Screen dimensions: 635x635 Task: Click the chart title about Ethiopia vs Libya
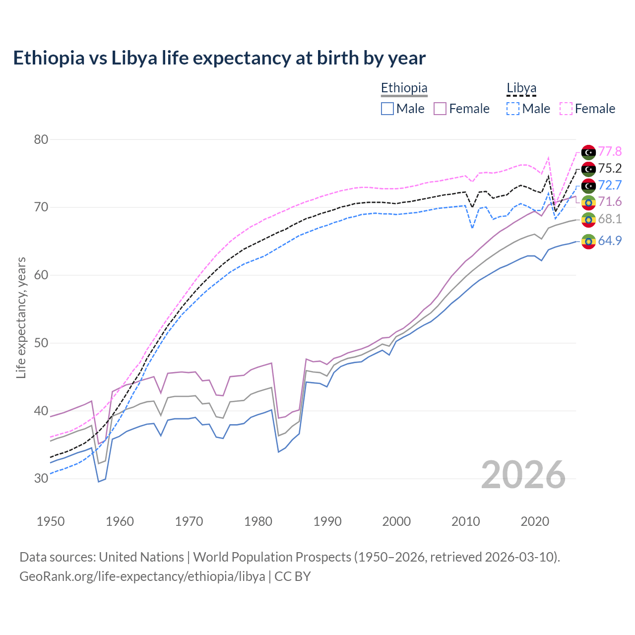[219, 58]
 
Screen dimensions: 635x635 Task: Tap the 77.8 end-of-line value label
[610, 151]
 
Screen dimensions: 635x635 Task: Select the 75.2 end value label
[610, 168]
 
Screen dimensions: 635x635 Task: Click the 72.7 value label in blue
[610, 185]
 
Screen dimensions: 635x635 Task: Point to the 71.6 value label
[610, 201]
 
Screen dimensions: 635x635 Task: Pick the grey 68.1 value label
[610, 219]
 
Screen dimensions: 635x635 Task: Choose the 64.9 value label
[610, 241]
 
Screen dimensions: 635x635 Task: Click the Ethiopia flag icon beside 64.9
[588, 242]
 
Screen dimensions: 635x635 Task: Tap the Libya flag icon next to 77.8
[588, 152]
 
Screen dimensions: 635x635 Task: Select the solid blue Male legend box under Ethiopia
[387, 109]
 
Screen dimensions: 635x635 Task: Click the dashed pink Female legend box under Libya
[566, 109]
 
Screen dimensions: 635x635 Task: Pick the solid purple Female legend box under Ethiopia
[440, 109]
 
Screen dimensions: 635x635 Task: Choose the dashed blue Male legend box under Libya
[513, 109]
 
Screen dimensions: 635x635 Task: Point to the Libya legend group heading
[521, 88]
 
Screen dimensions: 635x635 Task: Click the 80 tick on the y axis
[41, 139]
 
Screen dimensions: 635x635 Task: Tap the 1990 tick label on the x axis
[327, 521]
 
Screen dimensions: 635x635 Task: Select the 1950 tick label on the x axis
[51, 521]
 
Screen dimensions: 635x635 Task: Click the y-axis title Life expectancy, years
[21, 317]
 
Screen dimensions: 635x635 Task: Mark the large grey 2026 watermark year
[523, 475]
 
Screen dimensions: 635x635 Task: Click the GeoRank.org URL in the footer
[142, 576]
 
